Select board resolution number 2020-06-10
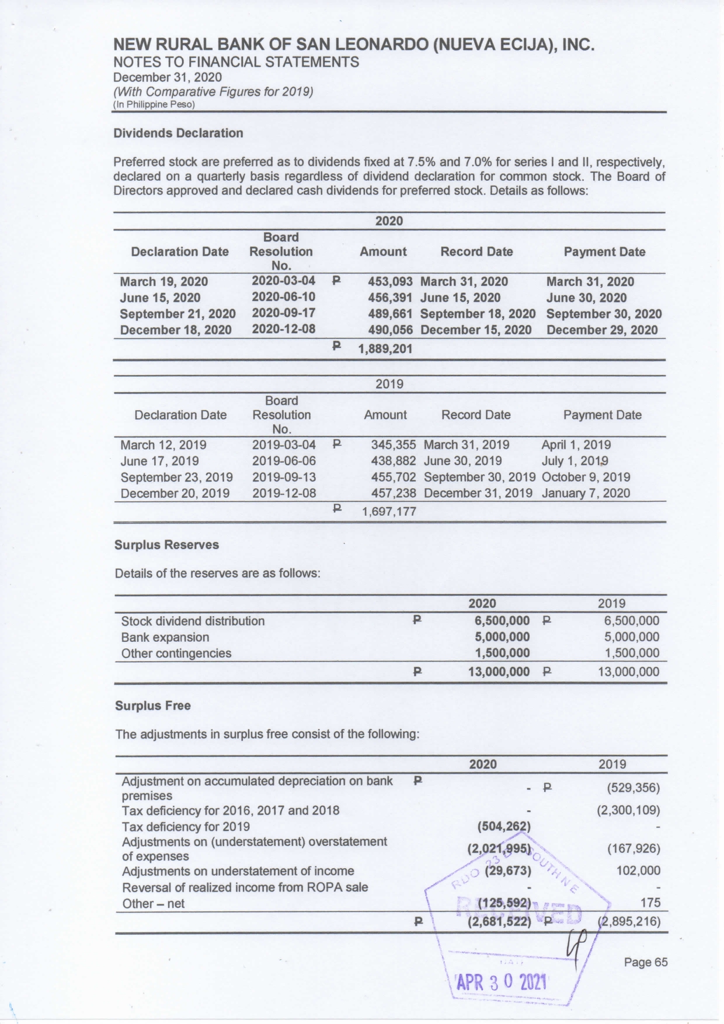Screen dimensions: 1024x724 point(283,297)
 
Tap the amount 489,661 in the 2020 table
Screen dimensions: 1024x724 point(390,314)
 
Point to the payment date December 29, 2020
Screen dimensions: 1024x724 point(601,330)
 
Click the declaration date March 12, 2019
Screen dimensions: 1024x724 point(163,445)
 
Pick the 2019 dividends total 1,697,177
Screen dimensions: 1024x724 point(389,512)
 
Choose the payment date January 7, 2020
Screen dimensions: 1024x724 point(586,494)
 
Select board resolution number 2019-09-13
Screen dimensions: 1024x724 point(284,477)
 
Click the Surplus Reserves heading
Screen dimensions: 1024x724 point(166,545)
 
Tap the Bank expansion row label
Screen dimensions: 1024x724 point(165,637)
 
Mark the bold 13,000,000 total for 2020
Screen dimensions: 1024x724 point(499,672)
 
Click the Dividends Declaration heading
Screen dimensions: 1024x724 point(178,133)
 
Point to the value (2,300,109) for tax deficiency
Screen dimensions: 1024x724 point(628,810)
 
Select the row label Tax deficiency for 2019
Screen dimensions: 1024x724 point(186,827)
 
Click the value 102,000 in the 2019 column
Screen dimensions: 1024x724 point(638,871)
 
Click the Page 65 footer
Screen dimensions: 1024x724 point(645,962)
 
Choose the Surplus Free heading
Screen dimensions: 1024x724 point(152,706)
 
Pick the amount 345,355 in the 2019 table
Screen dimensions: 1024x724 point(394,445)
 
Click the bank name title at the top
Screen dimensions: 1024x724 point(353,45)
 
